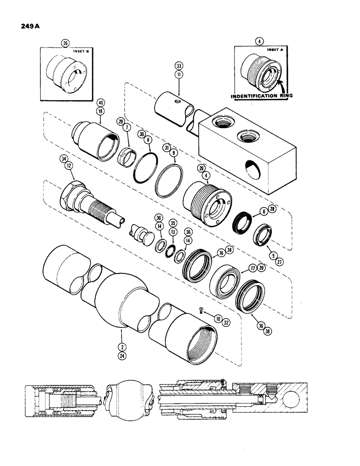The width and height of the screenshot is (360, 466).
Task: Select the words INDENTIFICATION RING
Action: [263, 96]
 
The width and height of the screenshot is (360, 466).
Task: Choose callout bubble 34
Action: [63, 159]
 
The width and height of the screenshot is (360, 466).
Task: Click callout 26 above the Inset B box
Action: [65, 43]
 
